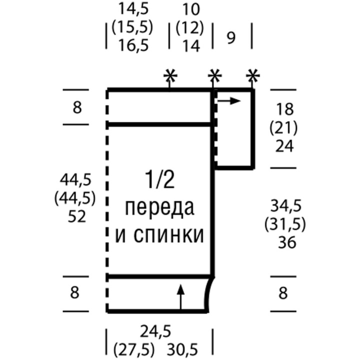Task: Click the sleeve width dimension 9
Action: (x=231, y=38)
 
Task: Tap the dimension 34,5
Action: (x=285, y=205)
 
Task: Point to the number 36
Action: (x=285, y=242)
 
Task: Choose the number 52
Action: (x=74, y=216)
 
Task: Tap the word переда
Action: (x=160, y=207)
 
